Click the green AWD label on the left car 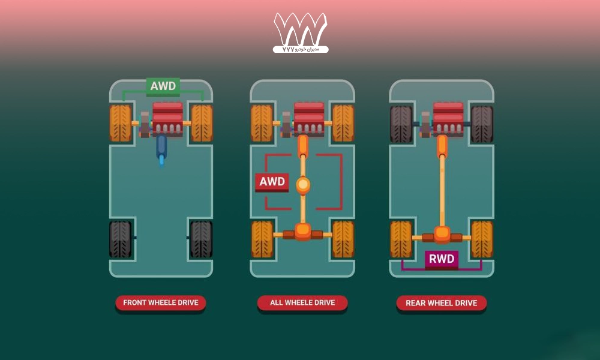coord(163,86)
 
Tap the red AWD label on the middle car coord(272,182)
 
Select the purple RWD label coord(442,259)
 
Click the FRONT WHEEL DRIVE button coord(160,303)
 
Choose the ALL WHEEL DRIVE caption coord(302,303)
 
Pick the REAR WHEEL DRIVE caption coord(441,303)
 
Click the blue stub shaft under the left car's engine coord(161,148)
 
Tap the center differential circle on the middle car coord(303,184)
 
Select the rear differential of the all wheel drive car coord(303,231)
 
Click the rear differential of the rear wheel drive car coord(442,233)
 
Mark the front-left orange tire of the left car coord(121,124)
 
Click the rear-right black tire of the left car coord(202,239)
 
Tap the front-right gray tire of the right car coord(482,124)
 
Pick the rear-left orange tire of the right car coord(401,239)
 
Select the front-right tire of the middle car coord(343,124)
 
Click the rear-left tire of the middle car coord(262,239)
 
